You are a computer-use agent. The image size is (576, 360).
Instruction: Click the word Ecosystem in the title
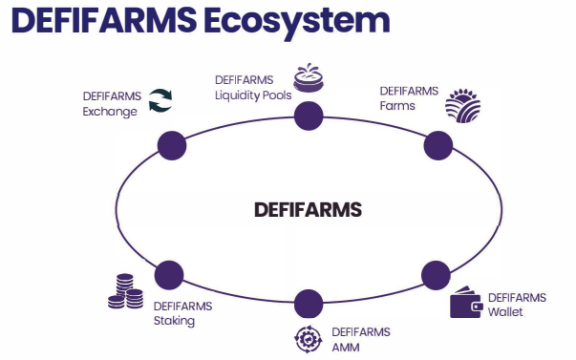(x=297, y=21)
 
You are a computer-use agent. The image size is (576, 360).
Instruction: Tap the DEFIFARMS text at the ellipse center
(x=308, y=210)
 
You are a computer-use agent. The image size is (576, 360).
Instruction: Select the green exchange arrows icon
(x=160, y=100)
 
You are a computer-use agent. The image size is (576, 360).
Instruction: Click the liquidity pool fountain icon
(x=309, y=78)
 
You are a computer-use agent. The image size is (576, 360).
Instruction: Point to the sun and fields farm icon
(x=463, y=105)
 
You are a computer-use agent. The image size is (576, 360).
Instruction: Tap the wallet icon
(x=466, y=302)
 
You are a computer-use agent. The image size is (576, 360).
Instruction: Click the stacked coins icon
(x=126, y=291)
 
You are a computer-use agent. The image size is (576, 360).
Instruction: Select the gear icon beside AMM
(x=309, y=339)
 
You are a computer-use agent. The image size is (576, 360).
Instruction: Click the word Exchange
(x=110, y=112)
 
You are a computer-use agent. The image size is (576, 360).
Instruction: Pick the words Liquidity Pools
(x=253, y=95)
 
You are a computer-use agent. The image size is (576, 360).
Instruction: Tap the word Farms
(x=397, y=106)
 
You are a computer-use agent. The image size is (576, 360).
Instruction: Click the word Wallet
(x=505, y=312)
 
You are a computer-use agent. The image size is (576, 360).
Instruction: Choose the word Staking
(x=174, y=321)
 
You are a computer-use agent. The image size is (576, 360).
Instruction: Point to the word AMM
(x=346, y=348)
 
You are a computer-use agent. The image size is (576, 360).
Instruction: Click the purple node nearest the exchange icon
(x=172, y=145)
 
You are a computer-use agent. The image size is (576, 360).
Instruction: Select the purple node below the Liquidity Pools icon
(x=309, y=116)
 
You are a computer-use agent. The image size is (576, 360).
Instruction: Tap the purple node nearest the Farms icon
(x=438, y=145)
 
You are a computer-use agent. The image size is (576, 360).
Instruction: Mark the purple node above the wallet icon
(x=436, y=275)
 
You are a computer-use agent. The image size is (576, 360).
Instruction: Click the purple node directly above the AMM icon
(x=309, y=304)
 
